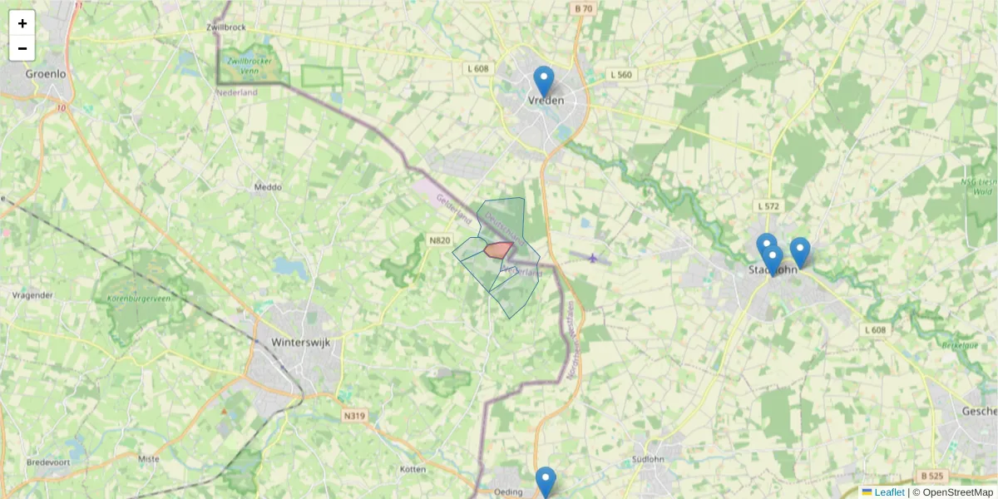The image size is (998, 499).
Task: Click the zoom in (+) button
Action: pyautogui.click(x=22, y=23)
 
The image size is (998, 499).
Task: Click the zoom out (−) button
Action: pyautogui.click(x=22, y=48)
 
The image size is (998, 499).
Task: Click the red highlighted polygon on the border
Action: pyautogui.click(x=498, y=249)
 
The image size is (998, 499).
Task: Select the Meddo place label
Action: pyautogui.click(x=268, y=187)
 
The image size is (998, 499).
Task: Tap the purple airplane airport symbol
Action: pyautogui.click(x=592, y=258)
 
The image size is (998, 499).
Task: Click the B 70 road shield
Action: pyautogui.click(x=584, y=9)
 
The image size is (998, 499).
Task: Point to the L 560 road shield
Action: pyautogui.click(x=620, y=75)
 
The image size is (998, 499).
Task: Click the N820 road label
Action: pyautogui.click(x=439, y=240)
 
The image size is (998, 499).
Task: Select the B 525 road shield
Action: pyautogui.click(x=933, y=477)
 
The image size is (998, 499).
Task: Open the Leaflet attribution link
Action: pyautogui.click(x=889, y=492)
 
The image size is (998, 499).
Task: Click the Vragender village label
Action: pyautogui.click(x=33, y=295)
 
